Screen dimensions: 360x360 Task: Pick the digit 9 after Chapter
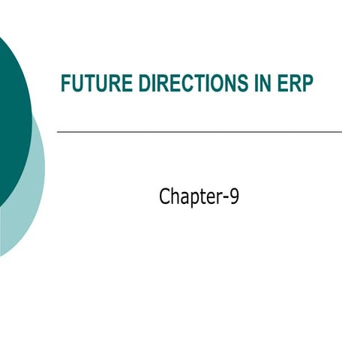click(x=234, y=196)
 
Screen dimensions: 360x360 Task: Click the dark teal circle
click(x=9, y=120)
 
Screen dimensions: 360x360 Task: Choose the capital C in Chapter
click(x=165, y=196)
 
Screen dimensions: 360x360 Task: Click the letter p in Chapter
click(x=193, y=199)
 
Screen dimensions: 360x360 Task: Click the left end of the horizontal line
click(x=58, y=132)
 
